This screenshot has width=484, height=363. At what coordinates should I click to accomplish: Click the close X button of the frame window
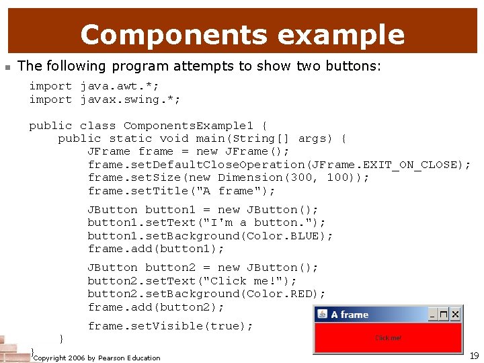[x=455, y=314]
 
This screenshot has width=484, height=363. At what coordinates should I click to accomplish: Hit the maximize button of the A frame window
[x=444, y=314]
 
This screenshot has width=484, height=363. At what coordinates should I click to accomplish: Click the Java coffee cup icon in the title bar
[x=322, y=314]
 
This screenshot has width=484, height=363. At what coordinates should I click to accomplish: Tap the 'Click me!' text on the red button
[x=388, y=338]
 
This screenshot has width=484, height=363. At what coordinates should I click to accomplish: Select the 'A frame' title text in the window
[x=350, y=315]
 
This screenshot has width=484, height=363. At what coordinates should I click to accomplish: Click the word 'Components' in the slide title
[x=171, y=34]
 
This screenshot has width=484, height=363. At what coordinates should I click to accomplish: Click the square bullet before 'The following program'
[x=6, y=67]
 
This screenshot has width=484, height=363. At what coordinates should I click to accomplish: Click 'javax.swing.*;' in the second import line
[x=130, y=99]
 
